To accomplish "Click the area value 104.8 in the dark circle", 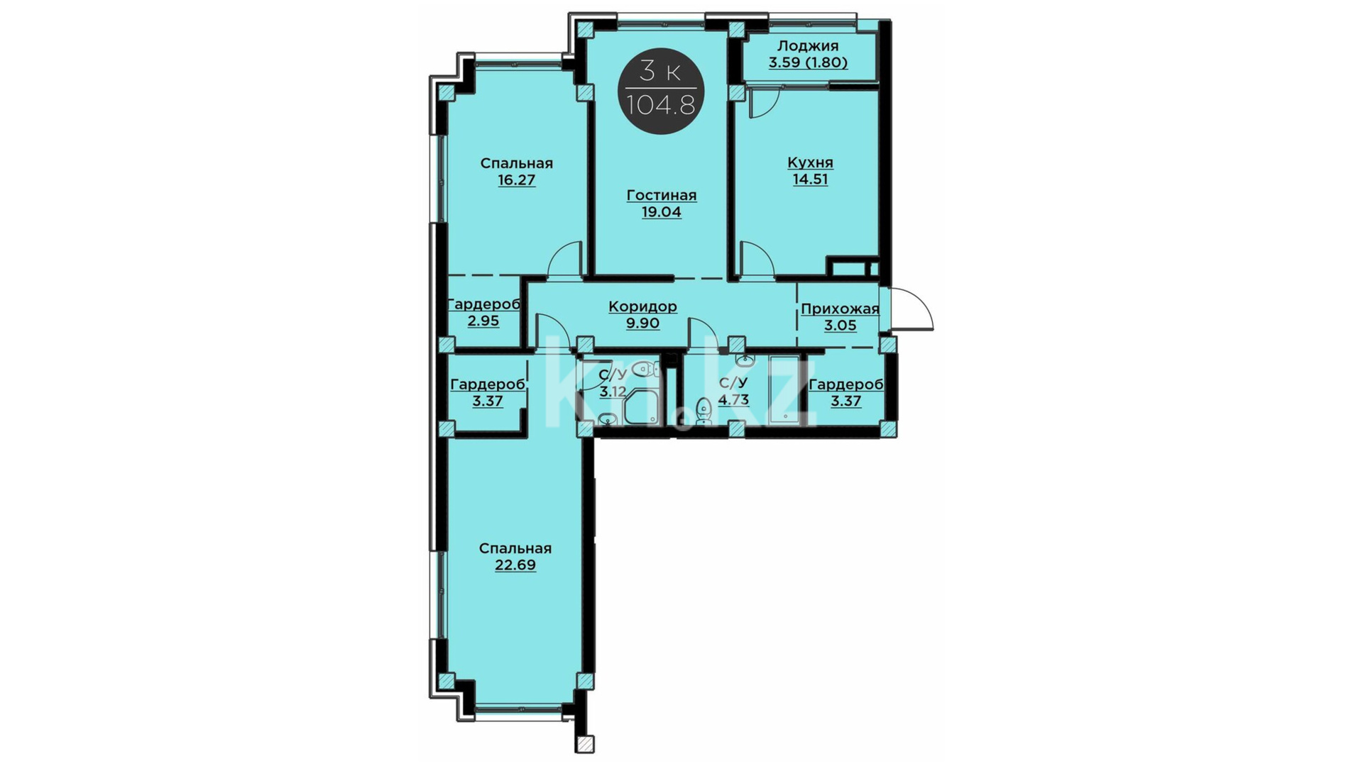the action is click(661, 105).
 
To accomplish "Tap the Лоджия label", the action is click(808, 46).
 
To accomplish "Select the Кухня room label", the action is click(810, 162).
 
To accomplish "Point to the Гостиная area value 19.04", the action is click(662, 211).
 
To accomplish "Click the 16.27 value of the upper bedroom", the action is click(516, 179).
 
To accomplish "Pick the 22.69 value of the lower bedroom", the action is click(515, 565).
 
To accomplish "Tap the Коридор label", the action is click(642, 306).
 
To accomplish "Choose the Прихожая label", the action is click(840, 309).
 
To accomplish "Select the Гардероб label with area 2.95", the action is click(483, 304).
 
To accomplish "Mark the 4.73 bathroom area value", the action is click(733, 399).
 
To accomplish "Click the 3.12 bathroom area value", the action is click(613, 392).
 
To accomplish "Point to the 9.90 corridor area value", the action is click(642, 323).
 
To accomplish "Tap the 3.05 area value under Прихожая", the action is click(840, 326).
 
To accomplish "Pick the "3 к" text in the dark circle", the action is click(661, 71).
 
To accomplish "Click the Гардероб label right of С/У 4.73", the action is click(845, 384).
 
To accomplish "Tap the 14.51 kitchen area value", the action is click(810, 179).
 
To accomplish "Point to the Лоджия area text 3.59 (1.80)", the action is click(808, 62).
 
